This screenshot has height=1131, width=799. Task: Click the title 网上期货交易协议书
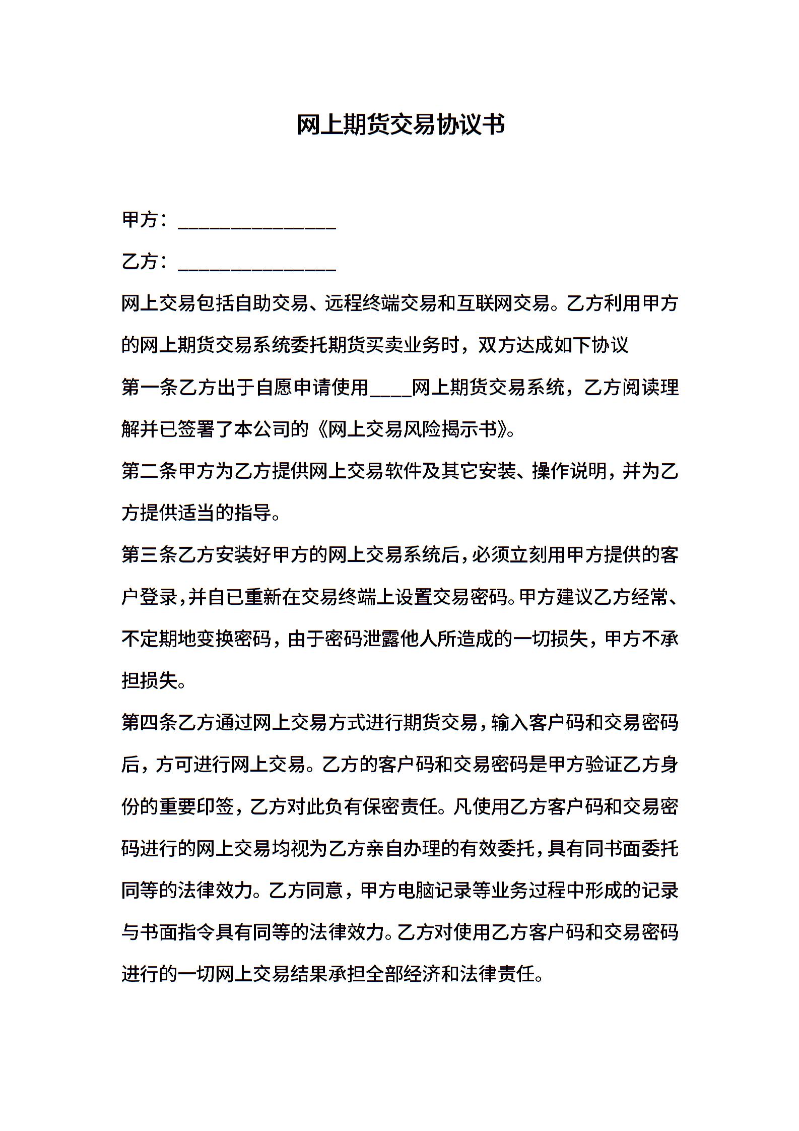[x=401, y=125]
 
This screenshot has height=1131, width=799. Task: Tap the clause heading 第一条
[x=150, y=388]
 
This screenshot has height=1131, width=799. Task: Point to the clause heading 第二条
[x=150, y=472]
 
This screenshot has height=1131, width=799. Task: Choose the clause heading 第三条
[x=150, y=555]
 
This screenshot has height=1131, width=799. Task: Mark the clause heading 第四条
[x=150, y=723]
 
